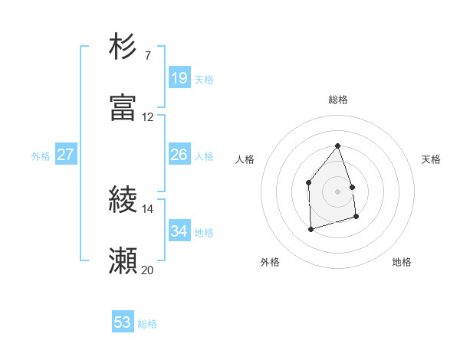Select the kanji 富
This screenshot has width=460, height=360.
point(123,108)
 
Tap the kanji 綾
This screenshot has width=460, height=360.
point(123,200)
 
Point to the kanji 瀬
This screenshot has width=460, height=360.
point(123,261)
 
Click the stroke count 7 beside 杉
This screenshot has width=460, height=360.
point(147,55)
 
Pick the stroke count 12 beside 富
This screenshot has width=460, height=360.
point(147,116)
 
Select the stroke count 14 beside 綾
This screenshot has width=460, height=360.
point(147,208)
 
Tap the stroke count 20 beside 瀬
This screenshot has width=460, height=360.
point(147,270)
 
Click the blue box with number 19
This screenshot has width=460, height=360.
point(179,77)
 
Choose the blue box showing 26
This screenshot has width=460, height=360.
point(179,155)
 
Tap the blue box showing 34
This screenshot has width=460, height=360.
point(179,231)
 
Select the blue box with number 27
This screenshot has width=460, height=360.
point(65,155)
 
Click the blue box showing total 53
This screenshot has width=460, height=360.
point(123,322)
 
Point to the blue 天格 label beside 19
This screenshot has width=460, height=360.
point(203,79)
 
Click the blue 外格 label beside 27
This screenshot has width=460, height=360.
point(41,156)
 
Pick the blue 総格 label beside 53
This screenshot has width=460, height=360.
point(147,324)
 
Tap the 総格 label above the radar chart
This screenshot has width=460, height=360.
point(338,100)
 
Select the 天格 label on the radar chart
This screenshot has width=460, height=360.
point(431,159)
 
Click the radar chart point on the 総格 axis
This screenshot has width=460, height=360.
point(338,146)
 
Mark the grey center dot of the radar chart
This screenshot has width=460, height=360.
point(338,191)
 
